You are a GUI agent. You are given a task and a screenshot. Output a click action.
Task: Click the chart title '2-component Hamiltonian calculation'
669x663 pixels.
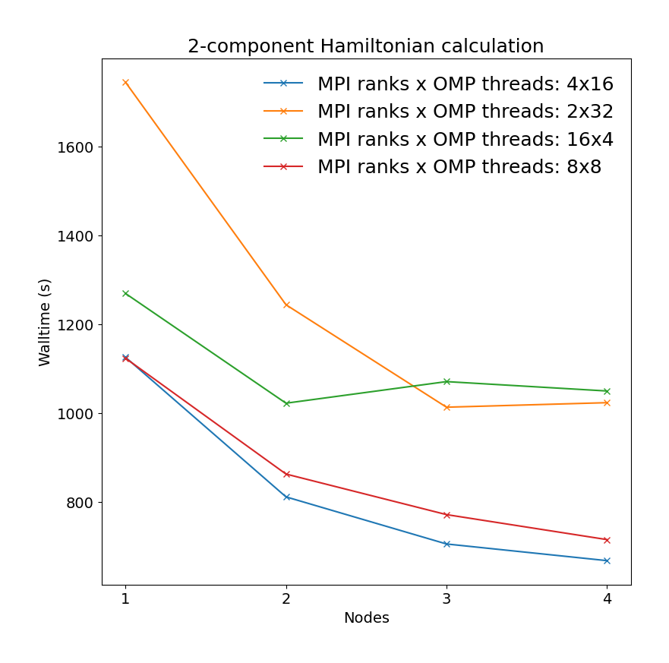[365, 46]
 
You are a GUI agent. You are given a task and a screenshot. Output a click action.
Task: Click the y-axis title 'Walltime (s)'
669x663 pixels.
[45, 322]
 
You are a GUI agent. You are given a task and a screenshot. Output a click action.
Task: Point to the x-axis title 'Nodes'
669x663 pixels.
[366, 618]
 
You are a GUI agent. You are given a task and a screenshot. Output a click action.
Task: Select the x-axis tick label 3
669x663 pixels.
[447, 598]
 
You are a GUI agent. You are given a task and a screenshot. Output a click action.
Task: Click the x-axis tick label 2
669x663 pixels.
[286, 598]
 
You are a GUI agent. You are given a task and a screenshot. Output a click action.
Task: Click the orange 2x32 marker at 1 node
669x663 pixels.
[125, 82]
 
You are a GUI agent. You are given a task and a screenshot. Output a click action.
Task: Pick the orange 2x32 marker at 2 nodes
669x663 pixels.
[286, 305]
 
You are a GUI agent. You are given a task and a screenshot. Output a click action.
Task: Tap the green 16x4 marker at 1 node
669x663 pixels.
[125, 293]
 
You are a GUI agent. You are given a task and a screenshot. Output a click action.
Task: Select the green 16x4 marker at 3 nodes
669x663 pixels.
[447, 381]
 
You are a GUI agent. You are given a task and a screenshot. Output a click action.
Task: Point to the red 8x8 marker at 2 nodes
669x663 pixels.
[286, 474]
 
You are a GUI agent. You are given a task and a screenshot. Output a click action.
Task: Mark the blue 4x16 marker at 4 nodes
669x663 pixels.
[607, 560]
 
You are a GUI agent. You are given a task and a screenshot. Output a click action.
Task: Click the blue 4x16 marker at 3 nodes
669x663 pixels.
[447, 544]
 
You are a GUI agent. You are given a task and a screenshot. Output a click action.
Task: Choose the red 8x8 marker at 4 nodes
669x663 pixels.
[607, 540]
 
